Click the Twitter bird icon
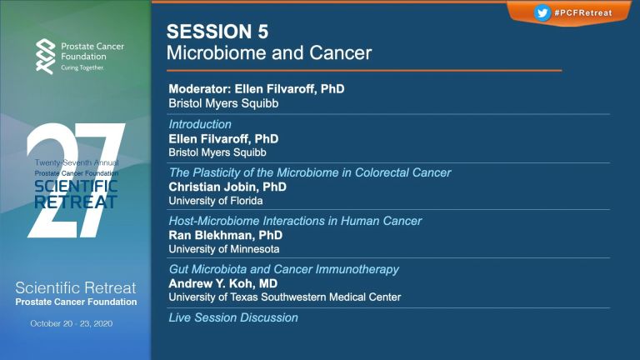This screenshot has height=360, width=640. (542, 12)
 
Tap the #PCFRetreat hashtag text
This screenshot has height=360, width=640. (583, 13)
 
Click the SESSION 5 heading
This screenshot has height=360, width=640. (217, 32)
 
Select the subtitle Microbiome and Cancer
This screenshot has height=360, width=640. (269, 53)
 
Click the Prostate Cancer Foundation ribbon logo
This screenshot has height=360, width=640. (45, 57)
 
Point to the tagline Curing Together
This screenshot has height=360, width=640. (82, 67)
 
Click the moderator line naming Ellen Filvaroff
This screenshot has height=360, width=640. (257, 89)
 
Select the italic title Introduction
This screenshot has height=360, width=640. (200, 124)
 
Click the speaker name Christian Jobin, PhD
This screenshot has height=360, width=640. (227, 187)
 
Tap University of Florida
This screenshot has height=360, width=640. (216, 201)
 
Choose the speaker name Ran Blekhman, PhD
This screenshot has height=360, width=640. (225, 235)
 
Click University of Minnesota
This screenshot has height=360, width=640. (224, 249)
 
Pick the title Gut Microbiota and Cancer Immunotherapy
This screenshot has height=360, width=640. (283, 269)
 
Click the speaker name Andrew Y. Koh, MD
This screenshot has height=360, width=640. (222, 283)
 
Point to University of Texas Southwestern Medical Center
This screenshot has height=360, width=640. (285, 297)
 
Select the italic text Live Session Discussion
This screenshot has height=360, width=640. (233, 317)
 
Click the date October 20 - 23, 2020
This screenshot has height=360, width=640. (72, 323)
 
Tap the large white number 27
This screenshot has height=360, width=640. (76, 180)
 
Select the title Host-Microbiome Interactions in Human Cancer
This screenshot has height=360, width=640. (295, 221)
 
